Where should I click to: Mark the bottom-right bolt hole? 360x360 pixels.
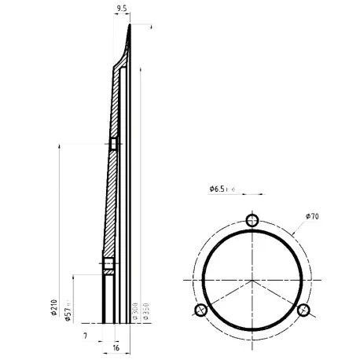tap(303, 309)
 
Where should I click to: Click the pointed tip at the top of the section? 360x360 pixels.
tap(130, 26)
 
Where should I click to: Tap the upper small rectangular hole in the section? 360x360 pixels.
tap(113, 144)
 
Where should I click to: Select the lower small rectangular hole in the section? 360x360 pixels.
tap(108, 264)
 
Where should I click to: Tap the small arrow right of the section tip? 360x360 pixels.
tap(145, 28)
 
